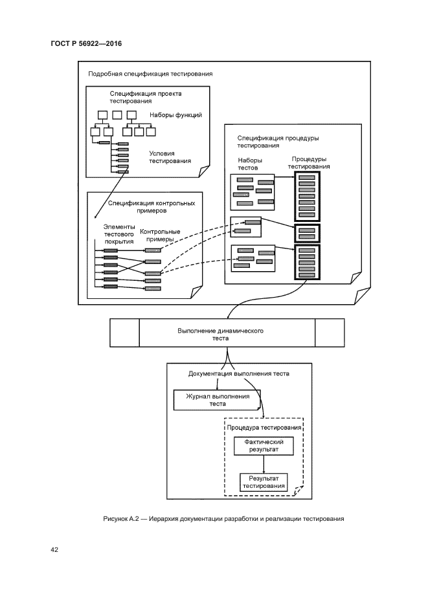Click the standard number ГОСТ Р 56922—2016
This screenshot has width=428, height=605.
coord(86,43)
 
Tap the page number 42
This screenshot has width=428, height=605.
coord(54,550)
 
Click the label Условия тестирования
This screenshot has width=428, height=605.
coord(170,157)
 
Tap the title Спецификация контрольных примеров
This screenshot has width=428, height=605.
coord(152,206)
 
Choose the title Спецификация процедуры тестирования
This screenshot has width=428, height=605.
coord(278,142)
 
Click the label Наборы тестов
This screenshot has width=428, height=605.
coord(249,163)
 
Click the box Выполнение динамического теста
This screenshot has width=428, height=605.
coord(227,333)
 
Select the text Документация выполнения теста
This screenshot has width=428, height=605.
coord(238,373)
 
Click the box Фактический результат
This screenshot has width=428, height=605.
coord(263,446)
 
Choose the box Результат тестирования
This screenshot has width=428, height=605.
coord(263,482)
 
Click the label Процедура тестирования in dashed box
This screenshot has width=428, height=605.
coord(264,428)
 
